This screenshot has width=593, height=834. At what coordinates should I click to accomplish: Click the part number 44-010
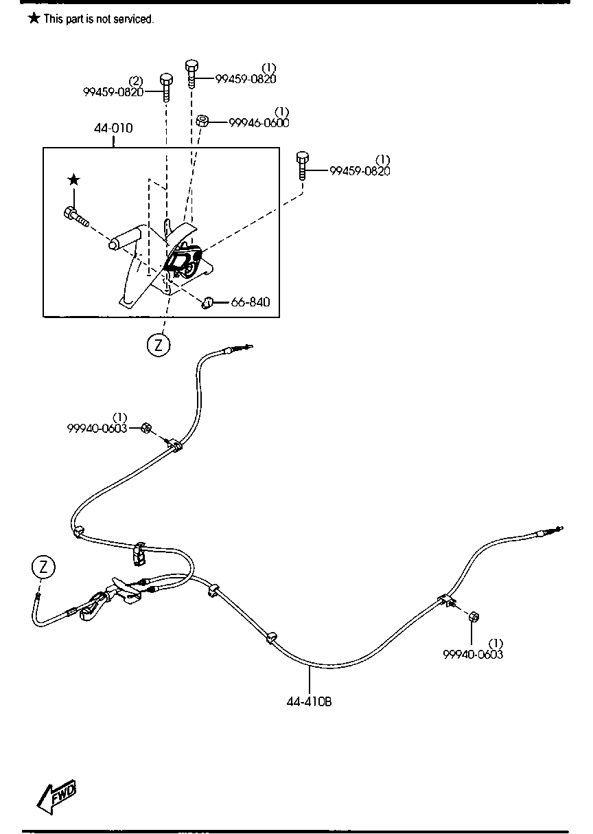pos(114,128)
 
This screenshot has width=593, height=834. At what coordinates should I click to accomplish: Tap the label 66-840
pos(251,302)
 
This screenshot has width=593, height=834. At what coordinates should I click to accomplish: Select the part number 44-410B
pos(310,703)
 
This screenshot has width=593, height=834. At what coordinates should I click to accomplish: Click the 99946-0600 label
pos(259,122)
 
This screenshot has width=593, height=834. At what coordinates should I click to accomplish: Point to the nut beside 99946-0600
pos(202,121)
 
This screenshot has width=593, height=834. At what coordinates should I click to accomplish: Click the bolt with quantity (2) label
pos(165,86)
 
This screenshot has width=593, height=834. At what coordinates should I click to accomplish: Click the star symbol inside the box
pos(73,181)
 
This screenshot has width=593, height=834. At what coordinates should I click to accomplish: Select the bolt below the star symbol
pos(74,216)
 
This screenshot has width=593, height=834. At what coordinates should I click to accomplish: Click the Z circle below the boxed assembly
pos(158,345)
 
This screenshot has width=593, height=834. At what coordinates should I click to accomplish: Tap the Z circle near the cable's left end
pos(43,567)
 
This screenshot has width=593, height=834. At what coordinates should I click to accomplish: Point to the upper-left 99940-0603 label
pos(97,428)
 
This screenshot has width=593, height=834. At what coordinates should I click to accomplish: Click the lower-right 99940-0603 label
pos(473,655)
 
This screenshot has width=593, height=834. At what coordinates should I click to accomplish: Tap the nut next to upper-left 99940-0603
pos(146,428)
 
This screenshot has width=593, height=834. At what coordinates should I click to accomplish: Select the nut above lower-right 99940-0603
pos(473,617)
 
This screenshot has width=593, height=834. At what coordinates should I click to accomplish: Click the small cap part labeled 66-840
pos(209,302)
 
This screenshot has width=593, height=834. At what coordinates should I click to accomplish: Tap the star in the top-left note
pos(34,19)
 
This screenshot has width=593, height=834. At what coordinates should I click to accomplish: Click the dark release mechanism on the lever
pos(183,260)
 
